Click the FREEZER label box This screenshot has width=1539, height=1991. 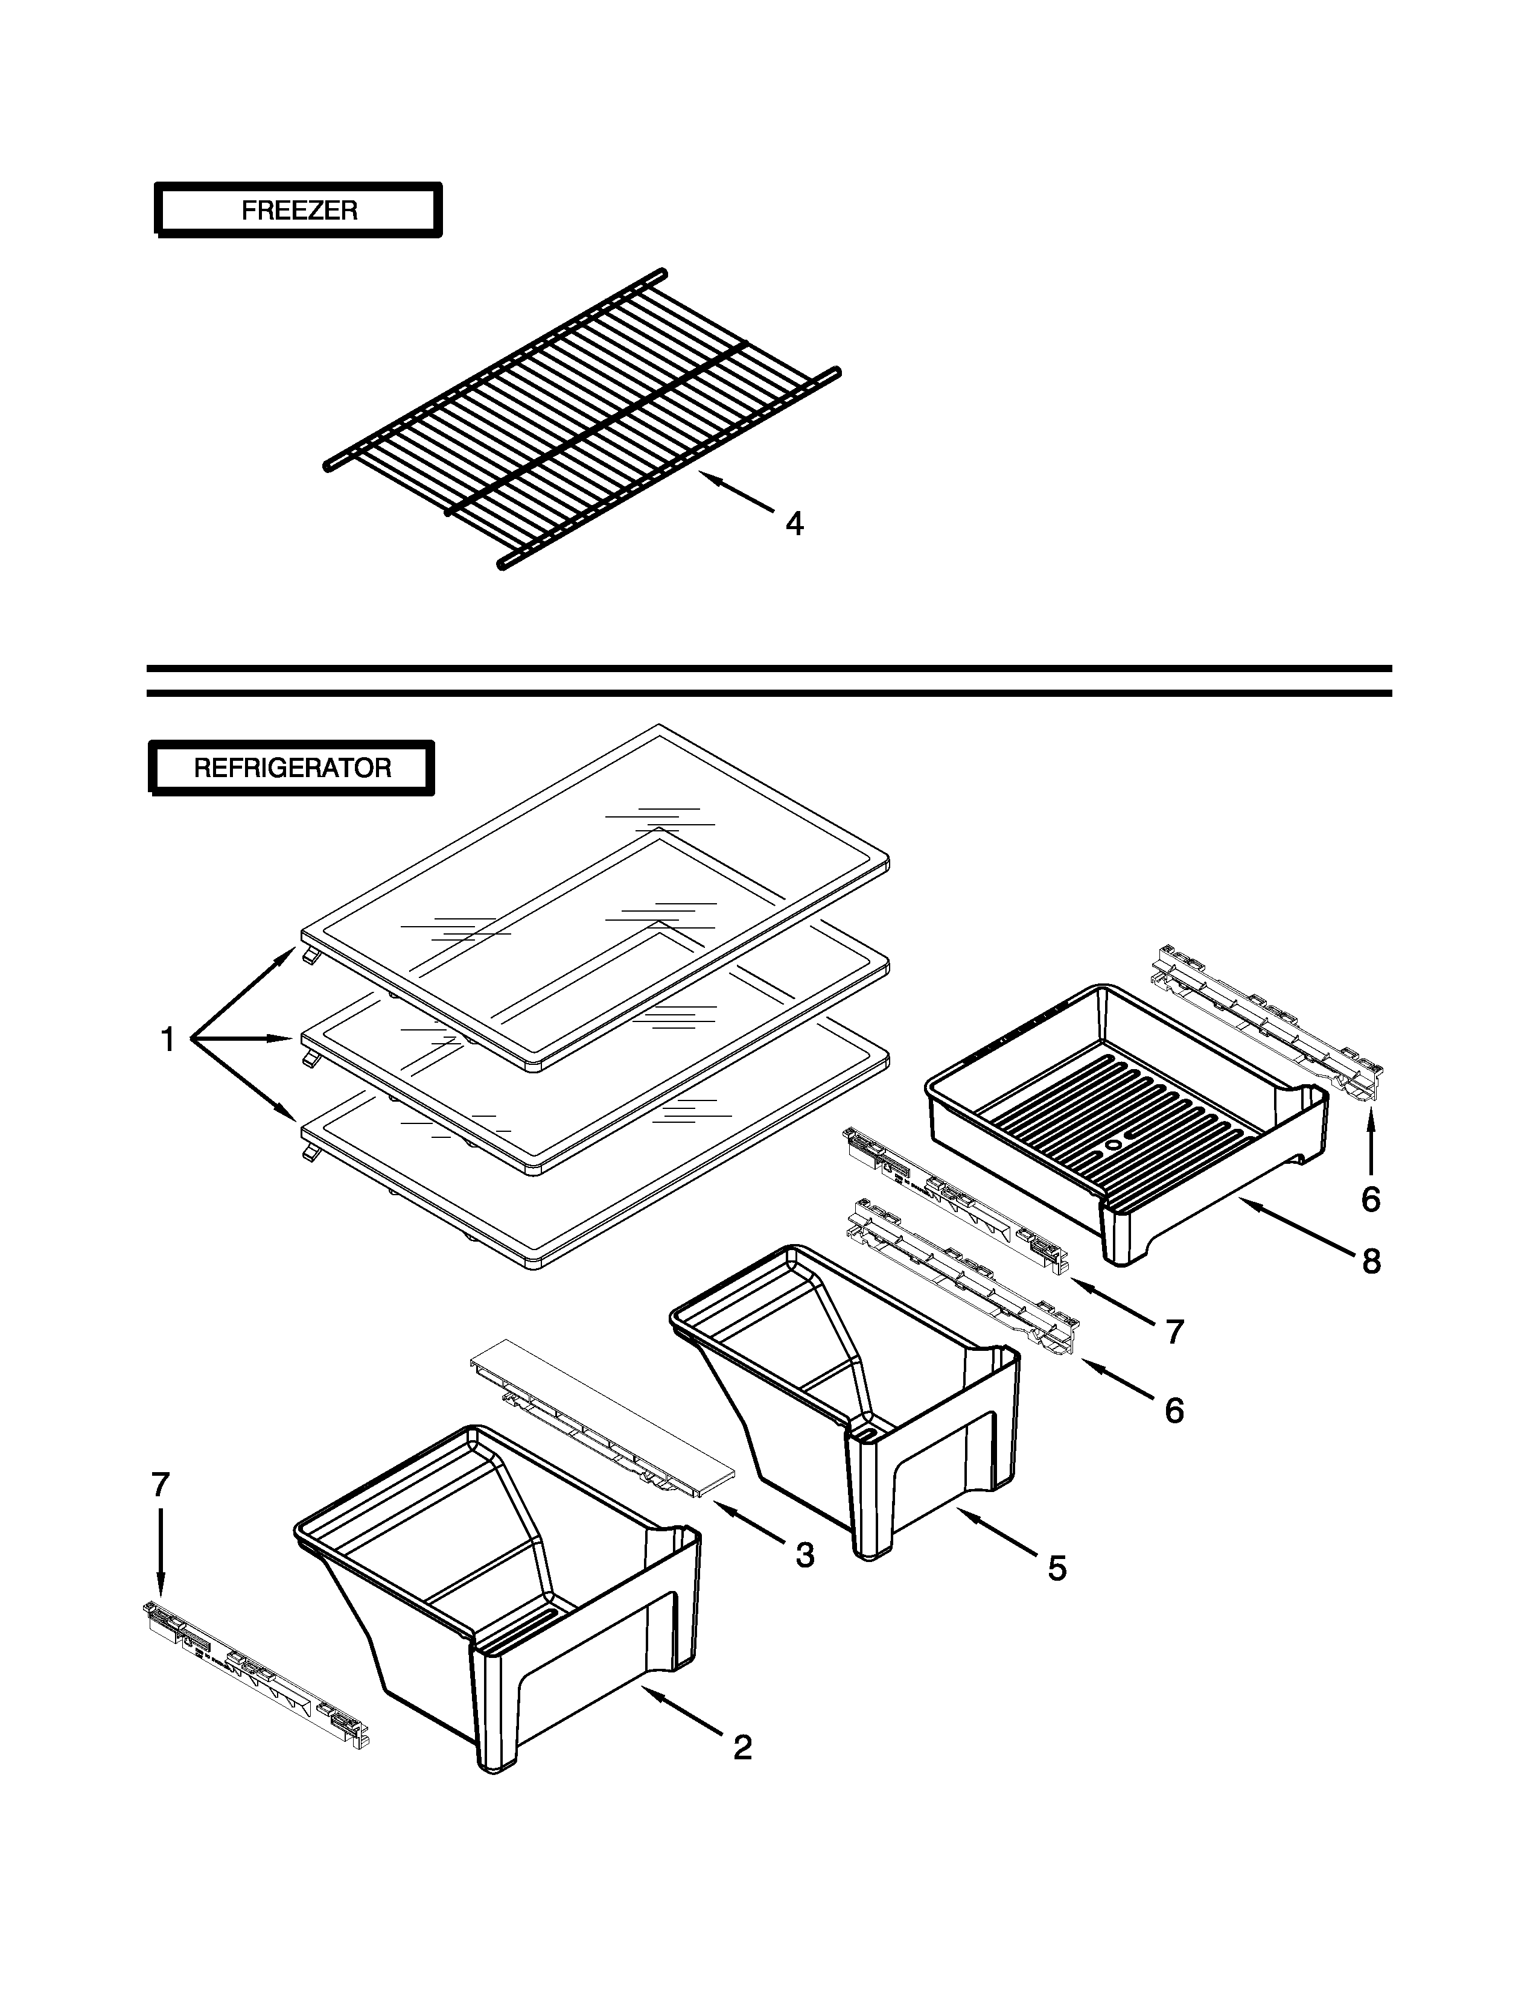298,211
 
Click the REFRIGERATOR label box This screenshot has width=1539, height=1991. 292,767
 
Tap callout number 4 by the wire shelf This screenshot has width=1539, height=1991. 794,524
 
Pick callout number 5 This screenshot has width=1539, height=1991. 1057,1569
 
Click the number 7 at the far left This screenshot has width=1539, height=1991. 161,1485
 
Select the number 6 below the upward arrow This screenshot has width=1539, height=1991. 1371,1199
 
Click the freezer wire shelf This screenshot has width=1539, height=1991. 584,419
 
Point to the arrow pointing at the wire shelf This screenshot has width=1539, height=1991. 739,492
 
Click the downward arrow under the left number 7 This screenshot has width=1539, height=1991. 161,1550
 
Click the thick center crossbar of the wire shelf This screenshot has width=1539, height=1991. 597,428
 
